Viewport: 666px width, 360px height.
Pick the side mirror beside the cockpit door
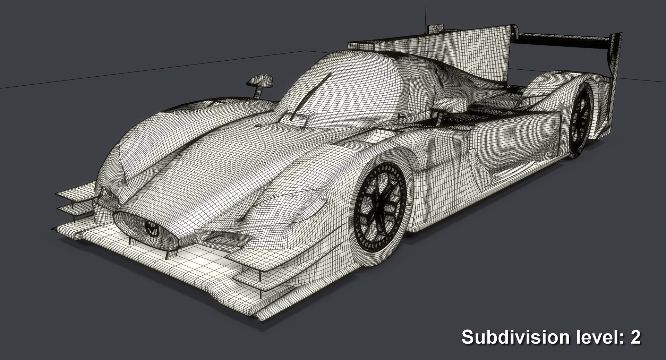point(451,104)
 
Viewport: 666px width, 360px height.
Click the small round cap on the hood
point(257,126)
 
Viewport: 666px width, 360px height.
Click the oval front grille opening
point(149,227)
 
